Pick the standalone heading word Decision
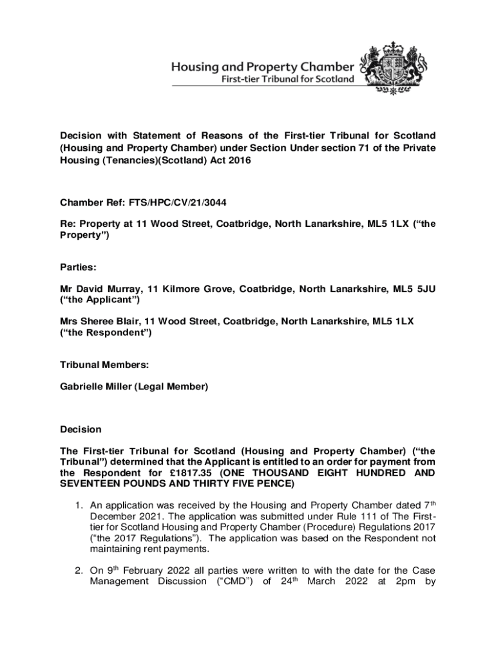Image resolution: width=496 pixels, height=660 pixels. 81,429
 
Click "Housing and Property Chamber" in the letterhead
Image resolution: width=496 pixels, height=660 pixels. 262,66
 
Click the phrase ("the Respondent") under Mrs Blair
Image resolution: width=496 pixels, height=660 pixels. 106,332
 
